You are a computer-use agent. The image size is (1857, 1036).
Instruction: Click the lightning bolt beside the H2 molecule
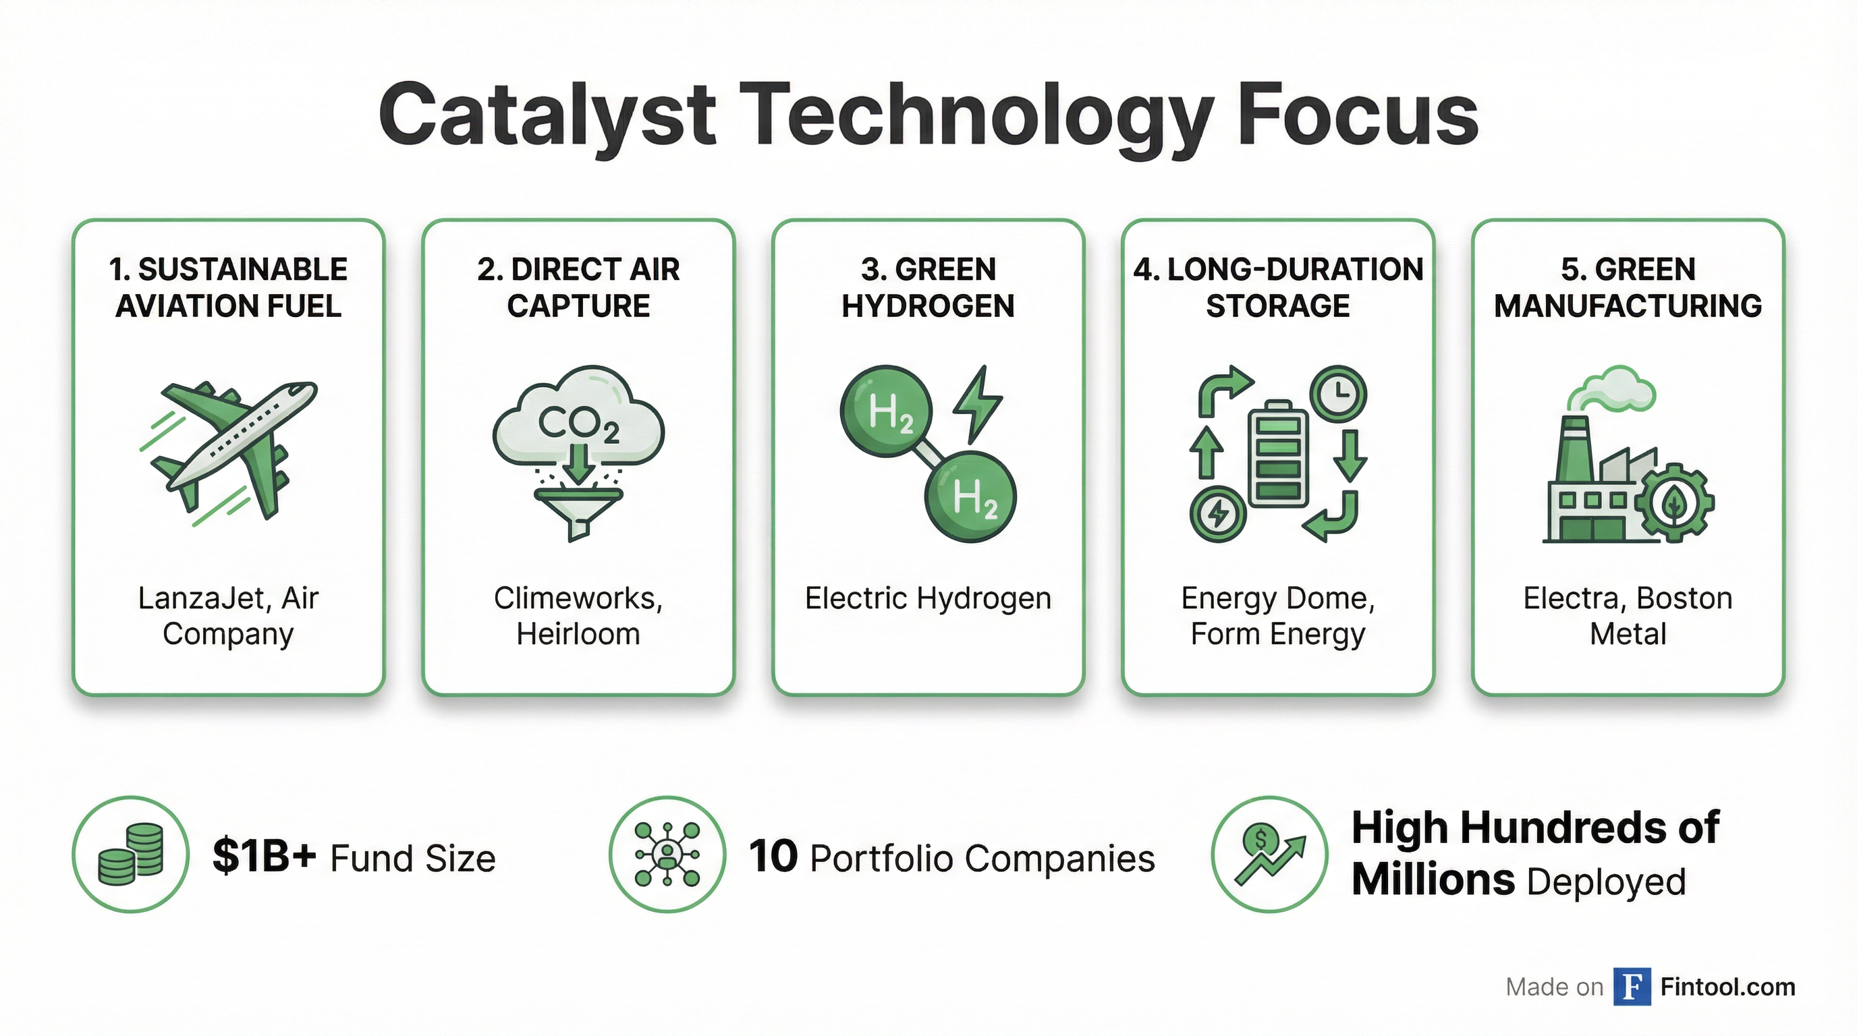point(977,405)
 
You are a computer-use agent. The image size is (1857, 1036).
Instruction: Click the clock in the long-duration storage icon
point(1339,394)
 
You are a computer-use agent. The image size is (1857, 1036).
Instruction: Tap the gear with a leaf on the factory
point(1673,504)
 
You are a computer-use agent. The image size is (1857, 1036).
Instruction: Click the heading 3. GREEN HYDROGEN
point(928,287)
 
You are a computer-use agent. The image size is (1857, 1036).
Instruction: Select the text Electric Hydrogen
point(928,599)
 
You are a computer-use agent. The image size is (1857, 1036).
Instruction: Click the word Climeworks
point(574,598)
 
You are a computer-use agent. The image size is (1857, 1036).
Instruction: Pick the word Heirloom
point(578,634)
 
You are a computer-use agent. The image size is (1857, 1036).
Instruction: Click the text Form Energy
point(1277,635)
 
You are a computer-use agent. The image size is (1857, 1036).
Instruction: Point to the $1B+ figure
point(265,856)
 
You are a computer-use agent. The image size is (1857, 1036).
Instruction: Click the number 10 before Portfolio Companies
point(773,857)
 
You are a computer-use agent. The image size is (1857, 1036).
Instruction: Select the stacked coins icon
point(130,855)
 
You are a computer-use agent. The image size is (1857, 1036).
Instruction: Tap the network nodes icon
point(667,855)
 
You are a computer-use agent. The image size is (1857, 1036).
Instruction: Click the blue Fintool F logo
point(1632,986)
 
